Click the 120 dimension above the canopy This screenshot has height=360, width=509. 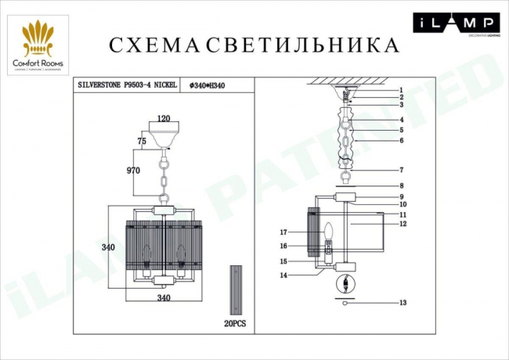[164, 119]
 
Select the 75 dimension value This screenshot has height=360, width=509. [142, 141]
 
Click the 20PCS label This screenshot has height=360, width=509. [236, 322]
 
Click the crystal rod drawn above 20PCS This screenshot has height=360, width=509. [236, 290]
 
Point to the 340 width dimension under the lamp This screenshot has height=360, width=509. [163, 298]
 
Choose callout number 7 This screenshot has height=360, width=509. [401, 169]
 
